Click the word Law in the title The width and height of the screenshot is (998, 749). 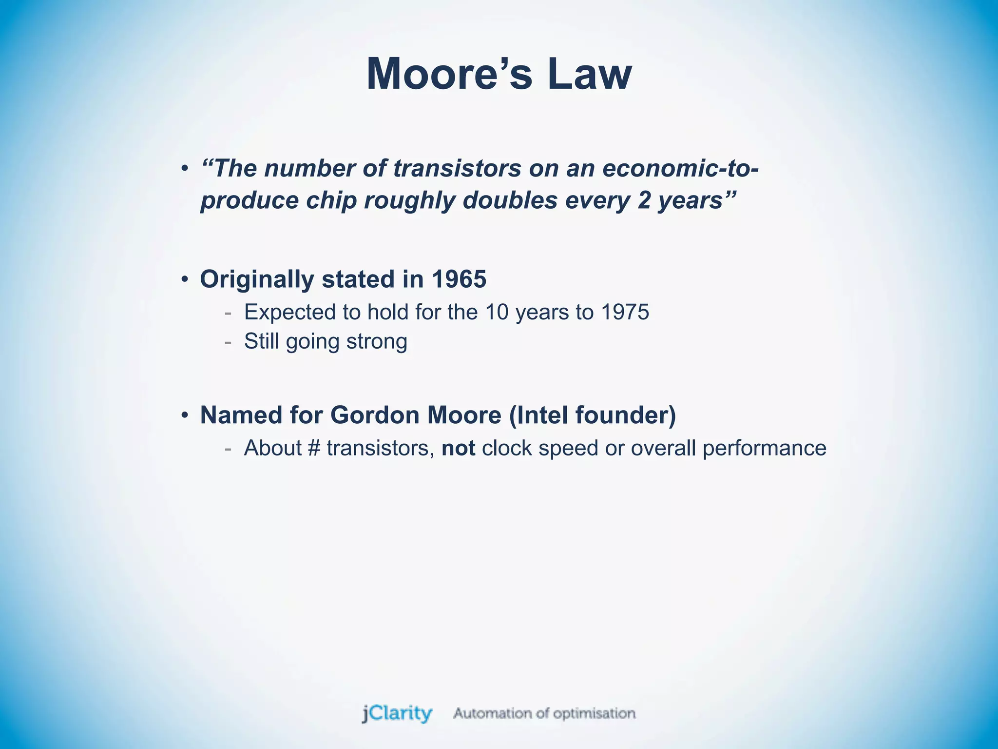[589, 74]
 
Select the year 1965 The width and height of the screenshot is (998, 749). [459, 279]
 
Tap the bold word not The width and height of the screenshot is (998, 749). [458, 448]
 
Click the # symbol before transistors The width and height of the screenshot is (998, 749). [314, 448]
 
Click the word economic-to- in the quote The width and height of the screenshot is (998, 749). [680, 169]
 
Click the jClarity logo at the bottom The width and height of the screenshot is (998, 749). [397, 714]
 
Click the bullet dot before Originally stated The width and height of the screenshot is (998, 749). [184, 280]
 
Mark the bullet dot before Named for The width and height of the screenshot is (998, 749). [184, 415]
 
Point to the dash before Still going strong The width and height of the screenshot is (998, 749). [228, 342]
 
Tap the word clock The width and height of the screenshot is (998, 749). [506, 448]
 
